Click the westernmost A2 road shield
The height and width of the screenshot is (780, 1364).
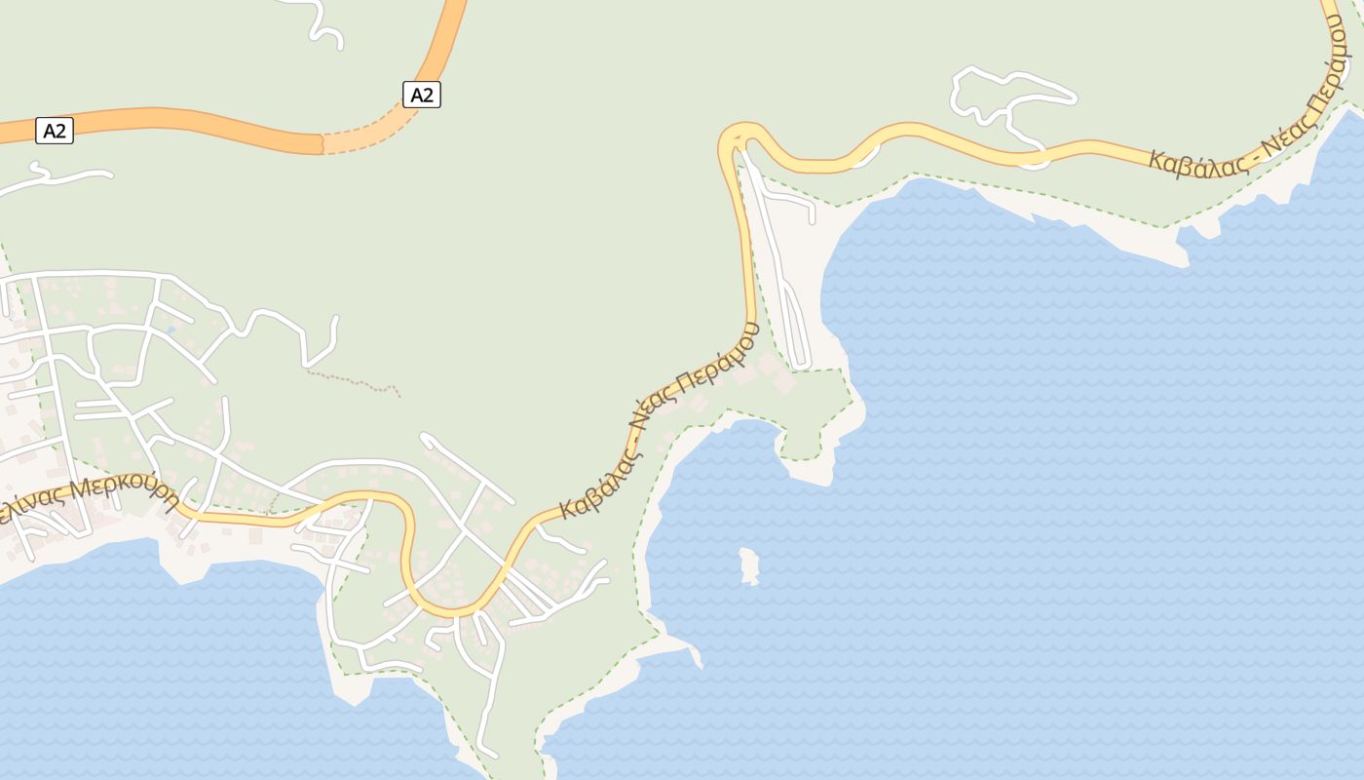[x=55, y=130]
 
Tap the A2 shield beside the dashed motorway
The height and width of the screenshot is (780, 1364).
[x=421, y=95]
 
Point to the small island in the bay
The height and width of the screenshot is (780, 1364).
[x=749, y=565]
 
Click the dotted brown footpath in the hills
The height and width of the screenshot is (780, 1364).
[x=356, y=380]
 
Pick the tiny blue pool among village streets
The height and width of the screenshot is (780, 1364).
[x=171, y=330]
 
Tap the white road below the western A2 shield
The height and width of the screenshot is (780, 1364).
[x=58, y=178]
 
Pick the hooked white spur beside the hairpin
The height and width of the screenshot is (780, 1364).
[x=794, y=200]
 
